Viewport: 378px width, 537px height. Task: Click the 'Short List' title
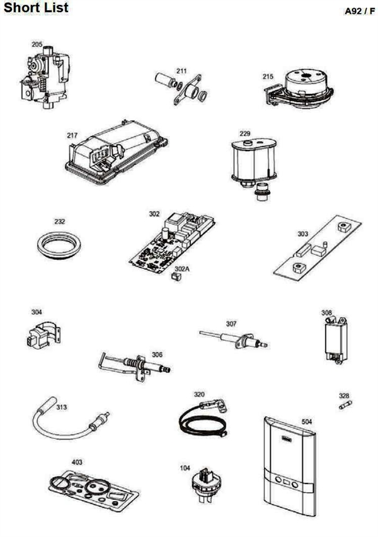(x=36, y=8)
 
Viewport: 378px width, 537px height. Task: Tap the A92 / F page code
(x=360, y=11)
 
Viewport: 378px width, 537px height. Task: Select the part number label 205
(x=37, y=45)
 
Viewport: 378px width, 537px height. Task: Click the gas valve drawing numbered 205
(x=45, y=79)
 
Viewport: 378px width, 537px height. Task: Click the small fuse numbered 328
(x=345, y=405)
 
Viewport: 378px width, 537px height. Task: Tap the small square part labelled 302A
(x=176, y=276)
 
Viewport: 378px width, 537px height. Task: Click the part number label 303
(x=302, y=234)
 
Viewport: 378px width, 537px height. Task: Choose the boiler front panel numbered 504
(x=290, y=466)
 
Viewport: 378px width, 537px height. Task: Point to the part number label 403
(x=77, y=462)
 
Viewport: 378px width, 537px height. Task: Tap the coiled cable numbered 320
(x=203, y=419)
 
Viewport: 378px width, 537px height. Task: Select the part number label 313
(x=62, y=407)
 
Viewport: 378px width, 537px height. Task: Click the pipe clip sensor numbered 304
(x=43, y=334)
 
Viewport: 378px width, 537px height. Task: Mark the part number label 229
(x=244, y=133)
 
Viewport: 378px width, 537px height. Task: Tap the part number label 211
(x=181, y=71)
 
